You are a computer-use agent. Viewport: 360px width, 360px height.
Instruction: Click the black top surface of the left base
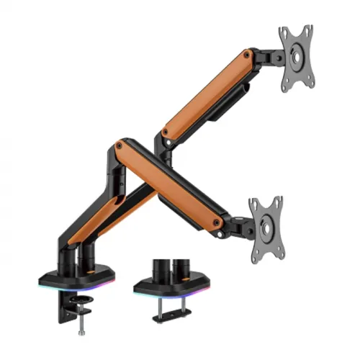72,277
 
